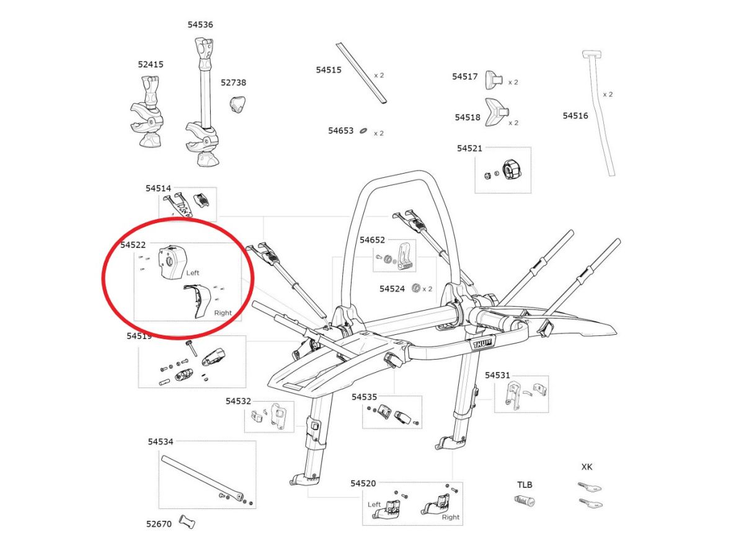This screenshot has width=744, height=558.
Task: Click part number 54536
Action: coord(200,25)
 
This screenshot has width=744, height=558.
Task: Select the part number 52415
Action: coord(151,64)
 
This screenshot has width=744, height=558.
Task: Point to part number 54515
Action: coord(329,70)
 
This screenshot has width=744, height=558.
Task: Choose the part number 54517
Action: coord(465,76)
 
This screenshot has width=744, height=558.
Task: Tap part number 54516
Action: coord(575,115)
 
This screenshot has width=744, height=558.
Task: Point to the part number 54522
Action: coord(133,245)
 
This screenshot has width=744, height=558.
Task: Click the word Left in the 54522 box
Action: coord(193,273)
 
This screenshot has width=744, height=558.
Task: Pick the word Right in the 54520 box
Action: coord(451,517)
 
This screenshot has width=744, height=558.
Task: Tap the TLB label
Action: coord(525,485)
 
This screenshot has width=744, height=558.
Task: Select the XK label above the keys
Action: coord(587,467)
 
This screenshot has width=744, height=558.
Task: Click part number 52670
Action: coord(159,523)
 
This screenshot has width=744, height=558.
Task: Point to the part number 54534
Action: coord(161,441)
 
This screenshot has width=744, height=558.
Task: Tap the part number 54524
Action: coord(392,289)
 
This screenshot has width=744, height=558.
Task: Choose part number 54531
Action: coord(497,375)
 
